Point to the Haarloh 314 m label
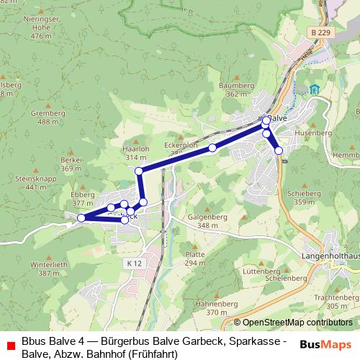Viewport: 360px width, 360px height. pos(136,153)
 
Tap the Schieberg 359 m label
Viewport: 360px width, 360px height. pos(299,198)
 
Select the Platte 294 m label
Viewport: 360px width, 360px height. pos(195,258)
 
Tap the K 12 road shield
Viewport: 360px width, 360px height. pos(130,264)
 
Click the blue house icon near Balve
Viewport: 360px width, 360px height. pos(315,89)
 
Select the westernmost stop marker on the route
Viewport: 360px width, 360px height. pos(81,217)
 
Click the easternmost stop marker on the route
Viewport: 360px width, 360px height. pos(279,150)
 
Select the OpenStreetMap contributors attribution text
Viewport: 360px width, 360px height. pos(297,323)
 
